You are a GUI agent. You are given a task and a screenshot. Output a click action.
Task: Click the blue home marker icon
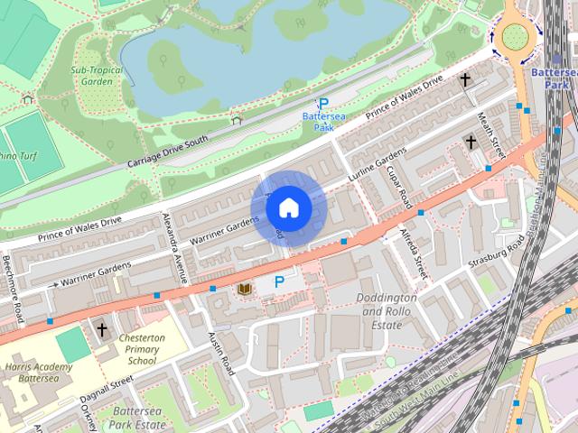[x=287, y=208]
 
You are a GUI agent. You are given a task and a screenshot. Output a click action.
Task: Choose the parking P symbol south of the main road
[x=279, y=282]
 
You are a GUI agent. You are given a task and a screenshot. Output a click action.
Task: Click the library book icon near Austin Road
[x=243, y=289]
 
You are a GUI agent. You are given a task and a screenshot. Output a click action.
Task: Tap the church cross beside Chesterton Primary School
[x=102, y=329]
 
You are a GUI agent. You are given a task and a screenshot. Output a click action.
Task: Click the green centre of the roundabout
[x=515, y=36]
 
